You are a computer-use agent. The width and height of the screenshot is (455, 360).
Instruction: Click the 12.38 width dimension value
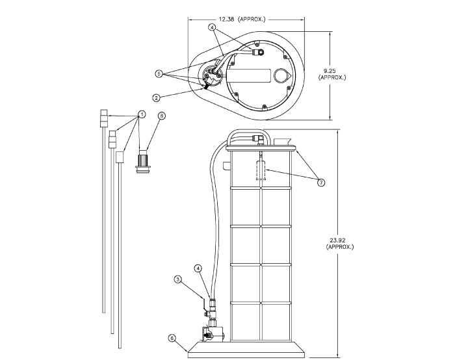(227, 19)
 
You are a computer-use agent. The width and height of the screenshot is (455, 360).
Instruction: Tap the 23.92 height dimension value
(338, 240)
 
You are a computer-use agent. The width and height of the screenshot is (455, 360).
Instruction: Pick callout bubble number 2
(157, 97)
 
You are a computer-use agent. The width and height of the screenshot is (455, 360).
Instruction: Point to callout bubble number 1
(141, 114)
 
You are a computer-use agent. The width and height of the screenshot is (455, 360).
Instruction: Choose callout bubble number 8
(162, 115)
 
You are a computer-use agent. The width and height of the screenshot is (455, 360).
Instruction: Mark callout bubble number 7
(320, 183)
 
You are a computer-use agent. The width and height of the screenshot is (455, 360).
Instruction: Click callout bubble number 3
(177, 279)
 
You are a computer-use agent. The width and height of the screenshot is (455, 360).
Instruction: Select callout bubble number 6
(172, 338)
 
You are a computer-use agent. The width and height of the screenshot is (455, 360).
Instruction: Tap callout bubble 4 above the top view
(212, 27)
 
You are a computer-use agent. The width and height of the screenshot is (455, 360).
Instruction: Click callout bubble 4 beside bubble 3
(198, 268)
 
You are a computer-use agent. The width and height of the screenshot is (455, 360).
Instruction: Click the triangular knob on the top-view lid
(281, 75)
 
